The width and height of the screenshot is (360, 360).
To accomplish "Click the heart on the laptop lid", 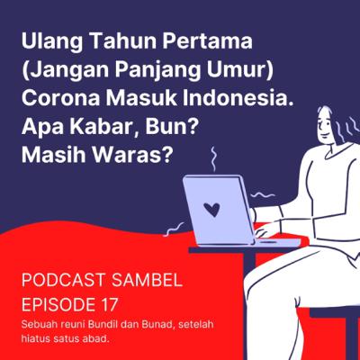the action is coord(211,210).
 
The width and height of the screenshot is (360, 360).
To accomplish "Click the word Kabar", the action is coord(105,127).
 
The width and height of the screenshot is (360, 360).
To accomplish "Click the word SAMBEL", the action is coord(147,281).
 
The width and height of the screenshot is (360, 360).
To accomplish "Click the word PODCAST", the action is coord(63,281).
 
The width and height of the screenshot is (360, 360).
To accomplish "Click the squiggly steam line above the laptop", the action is coord(213,159).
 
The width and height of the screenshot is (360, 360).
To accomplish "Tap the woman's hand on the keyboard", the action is coord(264,231).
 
